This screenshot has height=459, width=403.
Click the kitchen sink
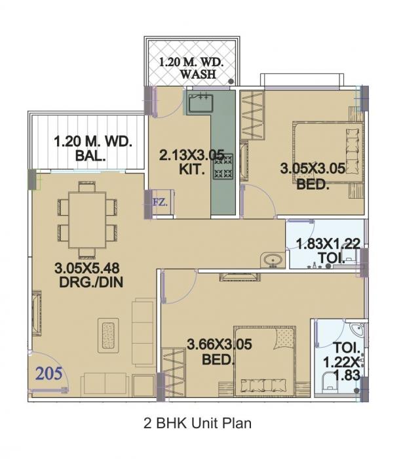point(199,103)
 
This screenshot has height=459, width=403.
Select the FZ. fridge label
point(160,202)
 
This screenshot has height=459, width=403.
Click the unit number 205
point(49,374)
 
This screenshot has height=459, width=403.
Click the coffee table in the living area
point(108,335)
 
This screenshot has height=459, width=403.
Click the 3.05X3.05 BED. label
point(312,176)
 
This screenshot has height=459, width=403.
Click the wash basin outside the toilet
point(272,260)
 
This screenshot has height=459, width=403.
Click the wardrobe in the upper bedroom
point(253,114)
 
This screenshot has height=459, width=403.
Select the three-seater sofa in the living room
point(142,332)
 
